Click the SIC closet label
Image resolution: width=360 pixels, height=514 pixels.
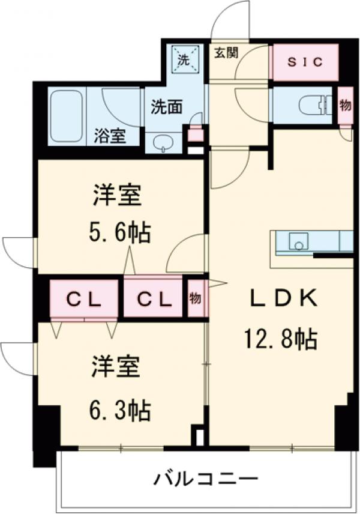click(304, 62)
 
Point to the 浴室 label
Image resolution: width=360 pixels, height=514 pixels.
click(110, 136)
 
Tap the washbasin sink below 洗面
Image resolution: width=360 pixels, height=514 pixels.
click(163, 142)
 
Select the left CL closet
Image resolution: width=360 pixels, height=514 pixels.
click(83, 298)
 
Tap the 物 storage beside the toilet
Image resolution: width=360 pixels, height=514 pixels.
click(345, 106)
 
